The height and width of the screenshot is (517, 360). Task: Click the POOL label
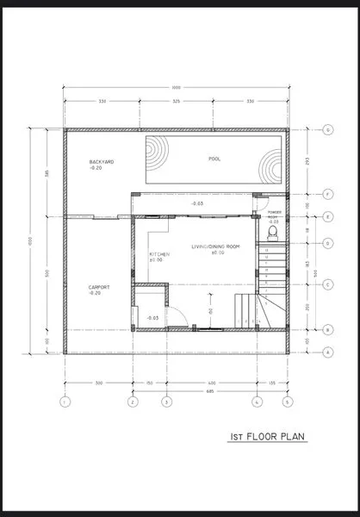click(214, 159)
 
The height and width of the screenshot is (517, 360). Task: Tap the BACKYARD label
click(102, 164)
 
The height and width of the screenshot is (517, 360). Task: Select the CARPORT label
click(99, 290)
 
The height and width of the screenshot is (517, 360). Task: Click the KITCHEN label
click(159, 256)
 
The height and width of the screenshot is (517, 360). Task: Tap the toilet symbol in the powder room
click(273, 232)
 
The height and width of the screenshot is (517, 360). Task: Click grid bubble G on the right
click(328, 130)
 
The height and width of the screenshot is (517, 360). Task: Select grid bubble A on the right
click(328, 352)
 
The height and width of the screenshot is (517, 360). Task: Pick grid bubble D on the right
click(328, 244)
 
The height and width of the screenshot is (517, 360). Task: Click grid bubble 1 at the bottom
click(64, 402)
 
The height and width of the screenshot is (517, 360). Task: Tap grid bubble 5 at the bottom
click(288, 402)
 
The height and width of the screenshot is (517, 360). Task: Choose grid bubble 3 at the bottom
click(167, 402)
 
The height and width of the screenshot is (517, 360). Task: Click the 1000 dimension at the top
click(176, 88)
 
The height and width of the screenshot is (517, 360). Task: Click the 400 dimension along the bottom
click(211, 382)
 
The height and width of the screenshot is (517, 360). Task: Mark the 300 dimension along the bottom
click(98, 382)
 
